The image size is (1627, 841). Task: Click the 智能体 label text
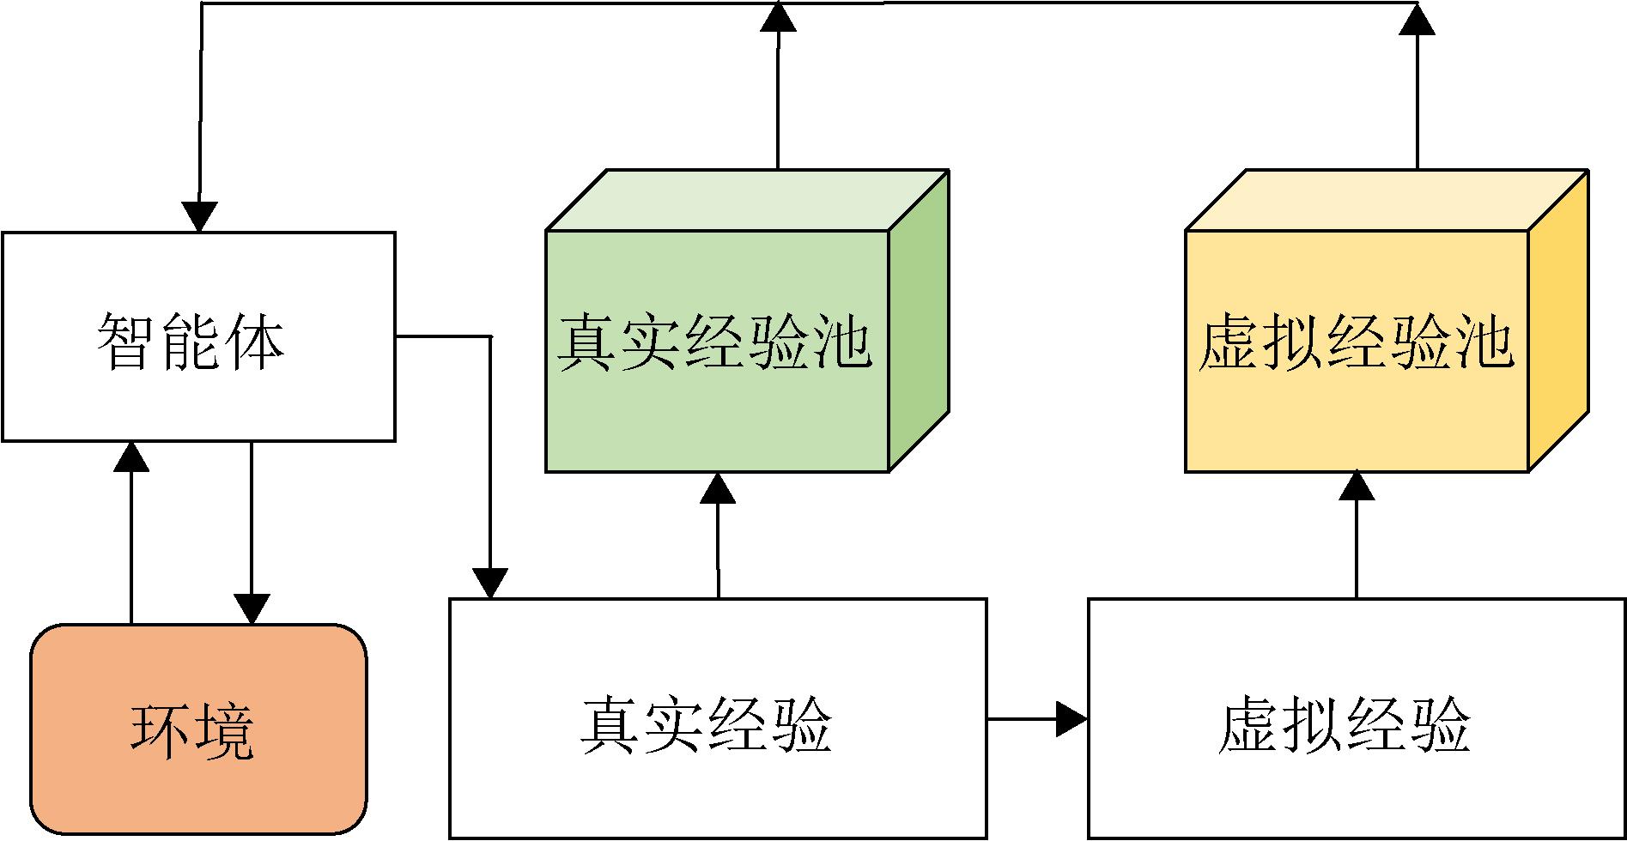(191, 342)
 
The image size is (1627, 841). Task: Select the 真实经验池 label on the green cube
(715, 344)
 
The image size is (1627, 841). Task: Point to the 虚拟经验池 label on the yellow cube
(1356, 344)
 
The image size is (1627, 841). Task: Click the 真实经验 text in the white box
(707, 725)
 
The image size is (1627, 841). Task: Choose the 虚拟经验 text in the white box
(1345, 725)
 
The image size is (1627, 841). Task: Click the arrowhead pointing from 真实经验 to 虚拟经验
(1072, 718)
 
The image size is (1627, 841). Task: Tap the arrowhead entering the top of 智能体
(199, 216)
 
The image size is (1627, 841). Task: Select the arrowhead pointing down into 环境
(252, 608)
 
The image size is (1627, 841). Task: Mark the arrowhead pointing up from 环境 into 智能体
(131, 457)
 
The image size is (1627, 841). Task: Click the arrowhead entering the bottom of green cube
(718, 487)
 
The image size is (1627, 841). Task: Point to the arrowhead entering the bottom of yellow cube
(1357, 486)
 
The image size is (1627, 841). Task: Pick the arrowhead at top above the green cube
(778, 17)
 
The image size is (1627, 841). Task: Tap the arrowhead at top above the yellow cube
(1417, 19)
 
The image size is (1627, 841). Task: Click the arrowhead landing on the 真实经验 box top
(490, 583)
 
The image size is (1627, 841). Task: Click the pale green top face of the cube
(747, 200)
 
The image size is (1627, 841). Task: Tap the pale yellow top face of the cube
(1386, 200)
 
